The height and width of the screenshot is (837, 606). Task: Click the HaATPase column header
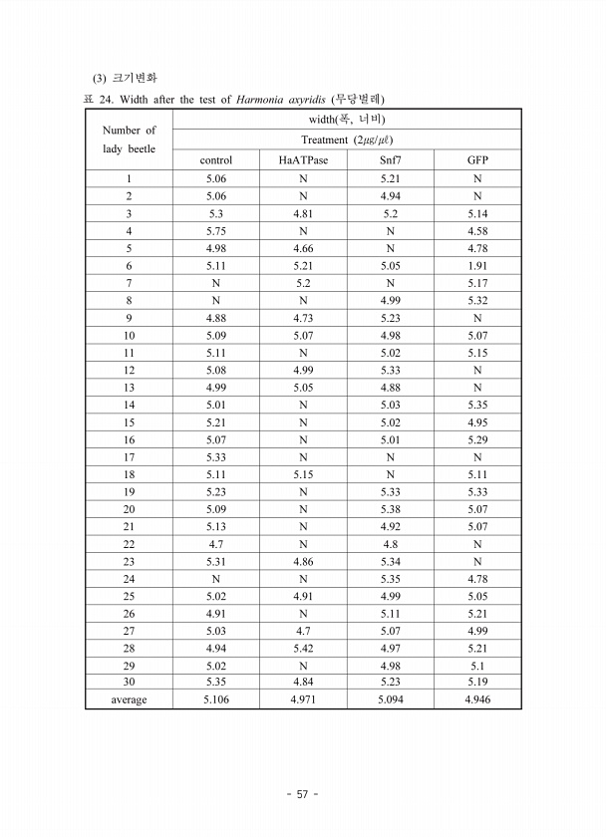(x=303, y=159)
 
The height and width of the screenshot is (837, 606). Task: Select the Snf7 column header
(x=390, y=159)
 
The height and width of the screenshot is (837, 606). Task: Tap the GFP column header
(x=477, y=159)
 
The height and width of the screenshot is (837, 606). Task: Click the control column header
(x=216, y=159)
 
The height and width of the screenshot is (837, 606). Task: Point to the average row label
(x=129, y=699)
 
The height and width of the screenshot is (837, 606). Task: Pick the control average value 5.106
(x=216, y=699)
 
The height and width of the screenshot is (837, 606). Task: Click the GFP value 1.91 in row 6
(x=477, y=267)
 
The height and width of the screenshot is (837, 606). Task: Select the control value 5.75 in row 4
(x=216, y=231)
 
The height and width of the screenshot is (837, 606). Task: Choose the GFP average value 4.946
(x=477, y=699)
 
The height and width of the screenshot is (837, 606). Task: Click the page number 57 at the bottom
(x=302, y=794)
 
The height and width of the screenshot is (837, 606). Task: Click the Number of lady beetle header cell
(x=129, y=139)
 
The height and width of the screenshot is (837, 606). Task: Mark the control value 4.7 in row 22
(x=216, y=544)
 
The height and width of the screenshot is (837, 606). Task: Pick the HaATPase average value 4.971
(x=303, y=699)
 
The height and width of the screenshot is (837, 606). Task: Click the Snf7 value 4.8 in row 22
(x=390, y=544)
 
